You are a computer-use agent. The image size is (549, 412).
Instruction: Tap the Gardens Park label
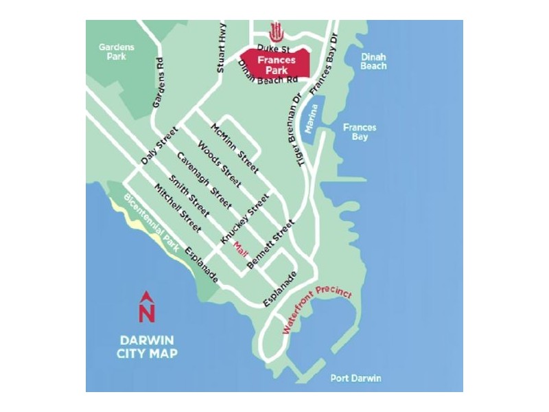(x=116, y=52)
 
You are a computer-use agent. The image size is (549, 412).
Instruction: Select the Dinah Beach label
(x=373, y=62)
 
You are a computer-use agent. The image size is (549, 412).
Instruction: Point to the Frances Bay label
(x=355, y=132)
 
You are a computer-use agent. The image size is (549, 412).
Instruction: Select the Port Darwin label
(x=355, y=378)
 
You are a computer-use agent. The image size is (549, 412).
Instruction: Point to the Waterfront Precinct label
(x=317, y=310)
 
